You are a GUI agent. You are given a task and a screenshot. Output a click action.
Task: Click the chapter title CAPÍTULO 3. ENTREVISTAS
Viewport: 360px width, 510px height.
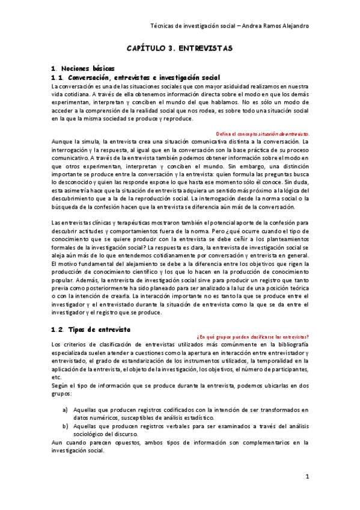coord(180,46)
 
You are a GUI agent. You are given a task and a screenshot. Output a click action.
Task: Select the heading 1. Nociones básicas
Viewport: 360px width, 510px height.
coord(83,69)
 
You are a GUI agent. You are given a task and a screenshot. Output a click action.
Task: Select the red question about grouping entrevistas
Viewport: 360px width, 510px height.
coord(253,336)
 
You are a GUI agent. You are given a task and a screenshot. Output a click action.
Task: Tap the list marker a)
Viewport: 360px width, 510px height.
coord(65,409)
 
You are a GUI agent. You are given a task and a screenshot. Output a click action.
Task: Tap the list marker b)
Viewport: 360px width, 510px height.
coord(65,425)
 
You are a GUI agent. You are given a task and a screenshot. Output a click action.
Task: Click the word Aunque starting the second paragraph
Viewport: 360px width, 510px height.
coord(63,141)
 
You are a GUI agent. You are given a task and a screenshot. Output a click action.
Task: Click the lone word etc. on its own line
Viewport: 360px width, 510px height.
coord(56,377)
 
